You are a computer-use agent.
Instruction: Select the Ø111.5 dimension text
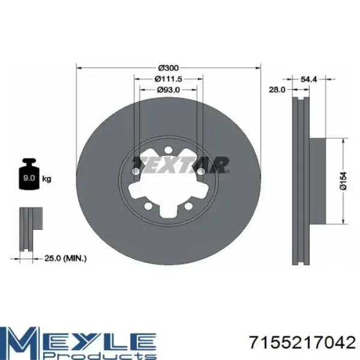(x=168, y=79)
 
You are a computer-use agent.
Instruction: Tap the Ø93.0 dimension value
(x=168, y=90)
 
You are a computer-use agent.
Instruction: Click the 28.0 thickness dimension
(x=277, y=89)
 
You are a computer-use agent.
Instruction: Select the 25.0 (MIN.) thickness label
(x=66, y=259)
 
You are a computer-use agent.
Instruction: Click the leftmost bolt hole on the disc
(x=136, y=172)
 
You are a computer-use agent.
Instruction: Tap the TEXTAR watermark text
(x=181, y=164)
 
